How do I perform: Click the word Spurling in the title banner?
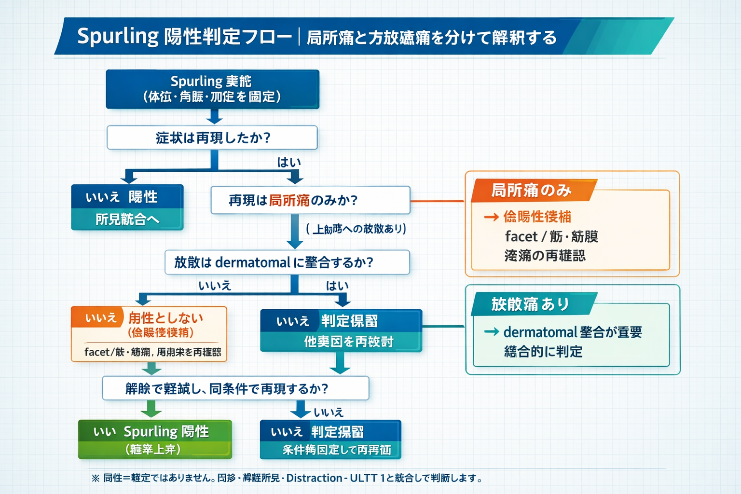pos(118,37)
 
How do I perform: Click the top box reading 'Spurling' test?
pos(212,89)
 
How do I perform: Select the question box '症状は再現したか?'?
pos(212,138)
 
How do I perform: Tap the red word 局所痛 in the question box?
pos(289,200)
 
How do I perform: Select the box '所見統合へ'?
pos(127,220)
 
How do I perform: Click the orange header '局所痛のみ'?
pos(531,191)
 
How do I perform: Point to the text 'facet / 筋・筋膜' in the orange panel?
pos(551,236)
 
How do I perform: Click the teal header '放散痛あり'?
pos(530,304)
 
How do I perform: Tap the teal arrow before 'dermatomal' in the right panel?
pos(491,332)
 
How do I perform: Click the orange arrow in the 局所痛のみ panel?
pos(491,217)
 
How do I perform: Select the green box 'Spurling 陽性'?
pos(155,439)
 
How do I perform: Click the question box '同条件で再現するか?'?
pos(235,388)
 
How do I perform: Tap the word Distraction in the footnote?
pos(314,478)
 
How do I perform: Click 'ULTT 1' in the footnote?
pos(367,478)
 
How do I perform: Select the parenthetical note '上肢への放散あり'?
pos(356,229)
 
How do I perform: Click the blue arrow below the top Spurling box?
pos(214,117)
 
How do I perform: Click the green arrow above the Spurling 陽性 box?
pos(151,410)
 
